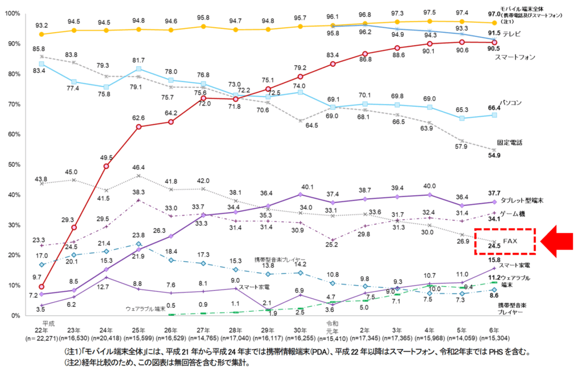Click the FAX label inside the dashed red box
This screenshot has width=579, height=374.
(510, 241)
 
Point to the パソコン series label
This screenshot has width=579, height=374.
(511, 103)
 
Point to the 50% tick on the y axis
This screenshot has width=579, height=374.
(12, 165)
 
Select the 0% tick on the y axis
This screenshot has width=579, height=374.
(14, 315)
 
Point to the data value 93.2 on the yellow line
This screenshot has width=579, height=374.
(41, 25)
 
